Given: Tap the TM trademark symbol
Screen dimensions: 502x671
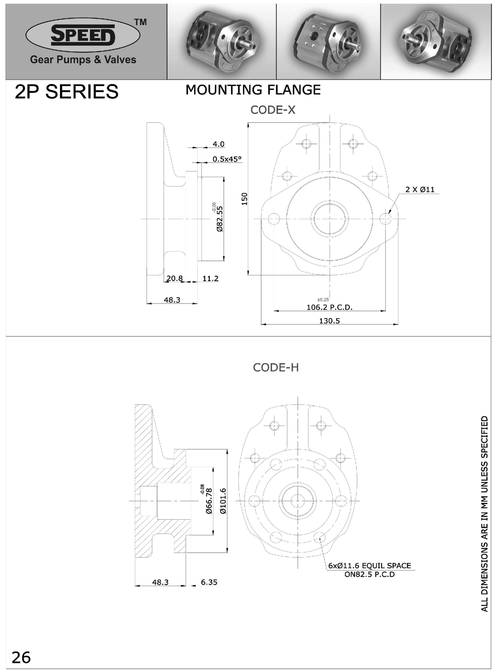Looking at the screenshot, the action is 141,22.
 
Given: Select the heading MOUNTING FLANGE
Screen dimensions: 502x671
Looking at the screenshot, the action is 253,90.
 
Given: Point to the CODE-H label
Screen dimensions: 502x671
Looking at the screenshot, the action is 276,368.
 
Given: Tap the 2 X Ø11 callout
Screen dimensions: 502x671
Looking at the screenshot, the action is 420,190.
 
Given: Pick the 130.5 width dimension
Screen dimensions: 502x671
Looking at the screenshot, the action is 329,321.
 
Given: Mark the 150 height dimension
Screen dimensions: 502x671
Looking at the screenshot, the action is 244,199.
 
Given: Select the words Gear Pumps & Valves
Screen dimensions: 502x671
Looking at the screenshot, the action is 83,59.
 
